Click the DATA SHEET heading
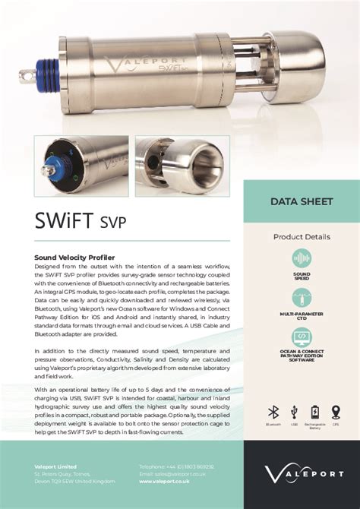pos(302,202)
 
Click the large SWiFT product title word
pos(66,221)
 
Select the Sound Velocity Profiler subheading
pos(72,257)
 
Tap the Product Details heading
pos(302,237)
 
